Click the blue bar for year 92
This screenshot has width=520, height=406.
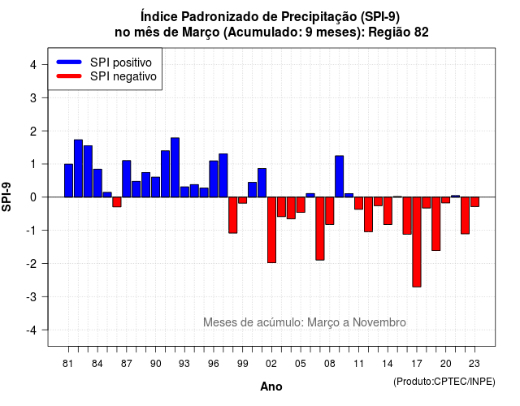click(x=175, y=167)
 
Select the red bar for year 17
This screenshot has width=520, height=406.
click(x=417, y=242)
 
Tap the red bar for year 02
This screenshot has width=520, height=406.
click(x=271, y=230)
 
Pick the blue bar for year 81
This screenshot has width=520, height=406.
click(x=68, y=180)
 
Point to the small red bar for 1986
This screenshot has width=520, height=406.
click(x=117, y=202)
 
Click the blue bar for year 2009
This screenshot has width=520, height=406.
click(x=340, y=176)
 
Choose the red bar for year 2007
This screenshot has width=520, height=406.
click(x=320, y=229)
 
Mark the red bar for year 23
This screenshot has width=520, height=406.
click(x=474, y=202)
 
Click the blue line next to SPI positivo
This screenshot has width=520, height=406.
click(x=69, y=62)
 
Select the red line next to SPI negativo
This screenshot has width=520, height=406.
click(x=69, y=76)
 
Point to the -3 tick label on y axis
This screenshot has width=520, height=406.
click(x=32, y=297)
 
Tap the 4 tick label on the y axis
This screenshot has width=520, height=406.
click(x=33, y=65)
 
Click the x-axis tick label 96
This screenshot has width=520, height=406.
click(x=214, y=364)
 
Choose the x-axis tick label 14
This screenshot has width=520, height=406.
click(x=388, y=364)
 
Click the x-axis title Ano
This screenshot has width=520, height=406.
click(x=271, y=387)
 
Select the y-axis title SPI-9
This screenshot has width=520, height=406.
click(x=6, y=197)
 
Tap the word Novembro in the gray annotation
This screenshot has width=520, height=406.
click(x=379, y=322)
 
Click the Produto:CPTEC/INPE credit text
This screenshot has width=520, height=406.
click(x=444, y=382)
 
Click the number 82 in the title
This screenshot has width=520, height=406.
click(x=421, y=32)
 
